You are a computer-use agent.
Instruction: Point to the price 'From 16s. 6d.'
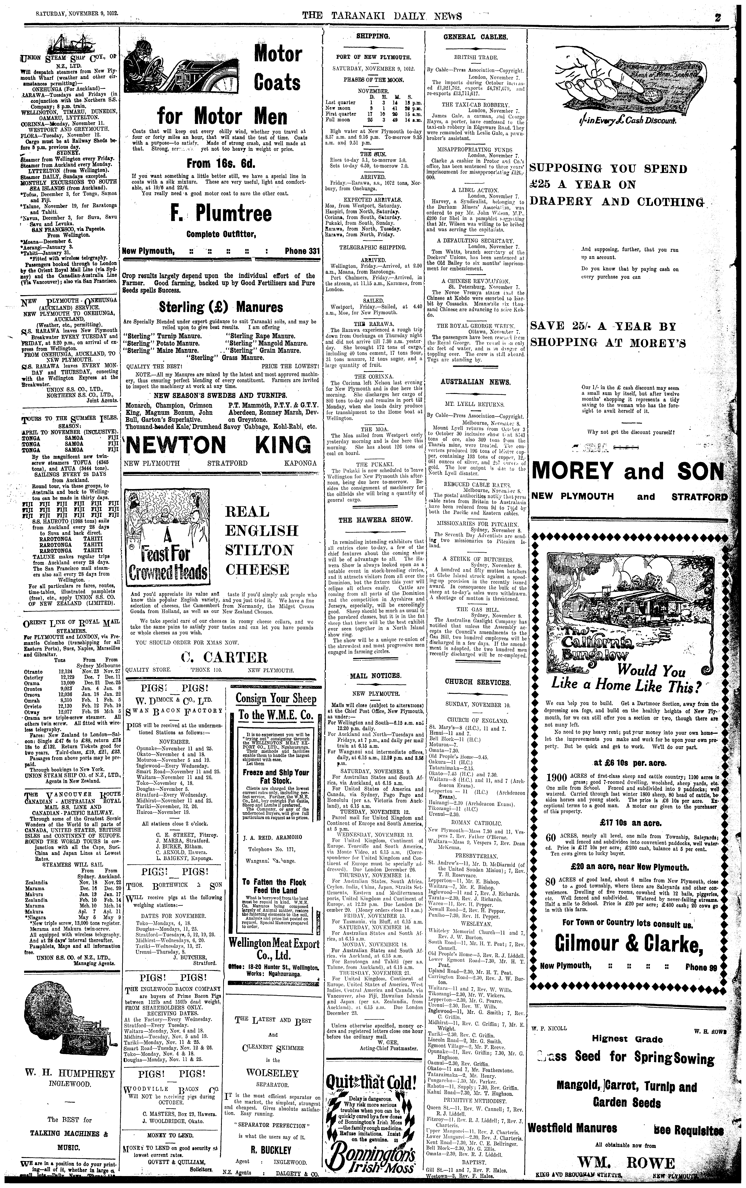pyautogui.click(x=222, y=164)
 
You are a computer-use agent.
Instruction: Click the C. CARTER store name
pyautogui.click(x=224, y=657)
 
